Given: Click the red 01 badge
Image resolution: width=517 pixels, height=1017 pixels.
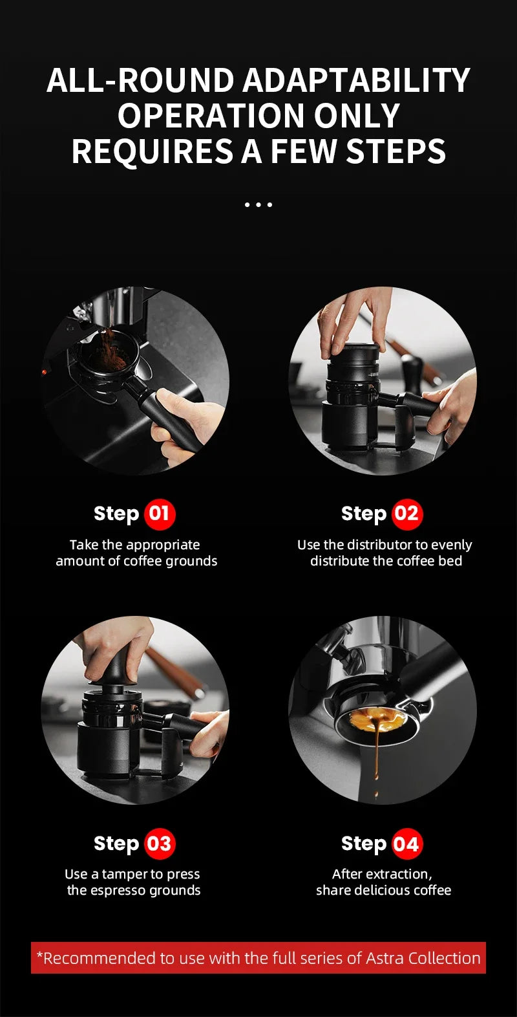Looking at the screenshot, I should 159,514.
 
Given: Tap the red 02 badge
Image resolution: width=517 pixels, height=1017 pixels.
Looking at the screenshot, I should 406,514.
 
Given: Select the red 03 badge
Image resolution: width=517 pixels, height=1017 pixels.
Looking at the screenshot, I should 159,844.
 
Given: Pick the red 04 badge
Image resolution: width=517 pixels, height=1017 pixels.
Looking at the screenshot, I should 406,844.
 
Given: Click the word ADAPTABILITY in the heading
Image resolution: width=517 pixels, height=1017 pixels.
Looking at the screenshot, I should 356,81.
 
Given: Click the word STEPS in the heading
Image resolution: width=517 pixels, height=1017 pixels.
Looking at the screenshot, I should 396,151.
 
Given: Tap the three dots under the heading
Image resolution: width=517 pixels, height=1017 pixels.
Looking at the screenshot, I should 258,204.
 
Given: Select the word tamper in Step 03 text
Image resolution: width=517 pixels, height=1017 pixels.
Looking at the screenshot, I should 125,874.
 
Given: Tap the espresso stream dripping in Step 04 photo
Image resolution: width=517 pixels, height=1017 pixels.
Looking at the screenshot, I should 376,750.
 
